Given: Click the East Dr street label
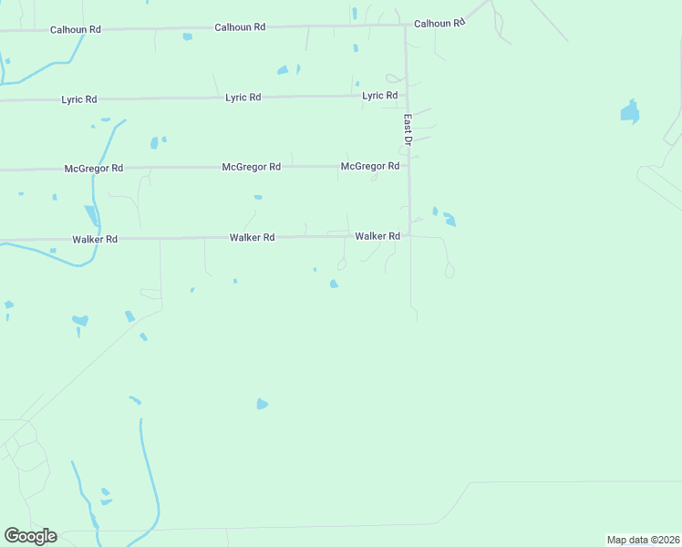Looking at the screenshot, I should click(x=408, y=129).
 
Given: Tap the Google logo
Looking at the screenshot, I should click(x=30, y=536).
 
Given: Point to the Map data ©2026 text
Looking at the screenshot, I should click(x=643, y=540).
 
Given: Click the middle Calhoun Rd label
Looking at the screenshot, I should click(x=240, y=27).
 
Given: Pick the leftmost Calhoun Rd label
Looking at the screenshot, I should click(x=75, y=29).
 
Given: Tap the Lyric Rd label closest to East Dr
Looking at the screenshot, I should click(x=379, y=95).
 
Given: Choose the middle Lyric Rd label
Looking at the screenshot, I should click(x=243, y=97).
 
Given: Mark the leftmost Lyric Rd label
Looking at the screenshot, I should click(x=78, y=98).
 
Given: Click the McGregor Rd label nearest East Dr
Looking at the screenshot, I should click(x=370, y=166).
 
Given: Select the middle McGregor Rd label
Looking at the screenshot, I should click(x=251, y=167).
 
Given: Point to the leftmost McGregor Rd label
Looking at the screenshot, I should click(x=94, y=169).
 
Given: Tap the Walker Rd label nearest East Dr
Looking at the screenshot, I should click(x=377, y=236).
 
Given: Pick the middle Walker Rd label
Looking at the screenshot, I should click(x=252, y=237).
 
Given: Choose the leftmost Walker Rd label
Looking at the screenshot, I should click(x=95, y=239).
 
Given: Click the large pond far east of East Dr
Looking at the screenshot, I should click(x=629, y=112).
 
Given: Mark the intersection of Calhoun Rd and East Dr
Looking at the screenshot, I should click(x=406, y=25).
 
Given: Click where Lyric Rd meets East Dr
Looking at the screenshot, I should click(x=407, y=95).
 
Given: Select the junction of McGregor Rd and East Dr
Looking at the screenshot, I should click(x=408, y=166).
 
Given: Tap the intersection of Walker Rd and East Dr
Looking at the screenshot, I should click(x=409, y=235).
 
